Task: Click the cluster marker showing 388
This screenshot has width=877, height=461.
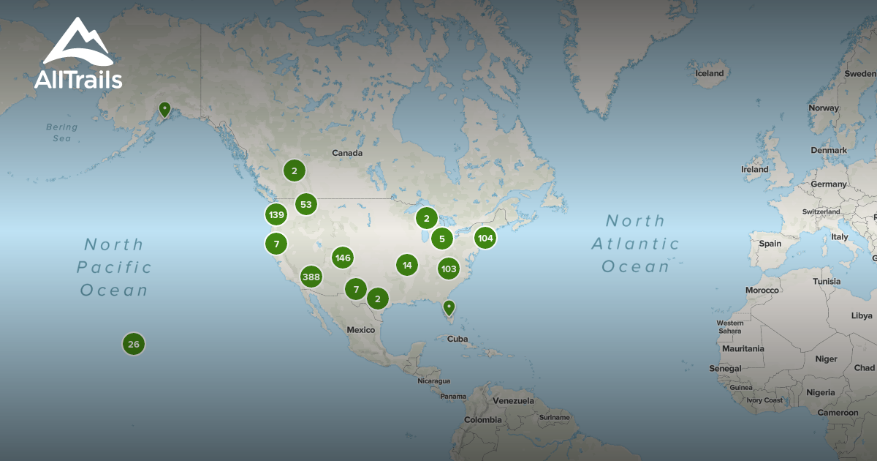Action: pyautogui.click(x=311, y=277)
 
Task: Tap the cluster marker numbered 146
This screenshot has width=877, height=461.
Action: pyautogui.click(x=342, y=258)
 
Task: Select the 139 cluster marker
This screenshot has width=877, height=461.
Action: pyautogui.click(x=276, y=215)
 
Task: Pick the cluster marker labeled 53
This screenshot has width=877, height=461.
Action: pyautogui.click(x=305, y=204)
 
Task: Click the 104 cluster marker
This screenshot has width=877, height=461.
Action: pyautogui.click(x=485, y=238)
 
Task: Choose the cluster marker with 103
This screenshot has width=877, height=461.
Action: pyautogui.click(x=449, y=269)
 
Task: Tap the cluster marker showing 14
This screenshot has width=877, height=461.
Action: pyautogui.click(x=407, y=265)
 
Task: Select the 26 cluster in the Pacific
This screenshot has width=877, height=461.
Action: pyautogui.click(x=133, y=344)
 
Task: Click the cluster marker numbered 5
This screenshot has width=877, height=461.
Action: pyautogui.click(x=441, y=239)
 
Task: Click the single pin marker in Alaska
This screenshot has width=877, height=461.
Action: pyautogui.click(x=165, y=110)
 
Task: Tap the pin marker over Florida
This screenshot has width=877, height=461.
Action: pyautogui.click(x=449, y=308)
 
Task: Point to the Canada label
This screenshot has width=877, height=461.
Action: pyautogui.click(x=347, y=153)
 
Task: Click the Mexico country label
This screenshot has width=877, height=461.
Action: pyautogui.click(x=360, y=329)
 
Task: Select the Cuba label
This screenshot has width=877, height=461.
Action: pyautogui.click(x=457, y=339)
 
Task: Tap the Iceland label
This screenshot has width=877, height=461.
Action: pyautogui.click(x=709, y=73)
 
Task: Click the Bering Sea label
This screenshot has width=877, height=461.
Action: pyautogui.click(x=61, y=132)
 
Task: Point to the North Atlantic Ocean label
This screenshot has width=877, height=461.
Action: pyautogui.click(x=635, y=244)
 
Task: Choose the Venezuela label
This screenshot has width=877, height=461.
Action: pyautogui.click(x=513, y=401)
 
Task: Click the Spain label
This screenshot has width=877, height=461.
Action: pyautogui.click(x=770, y=243)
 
